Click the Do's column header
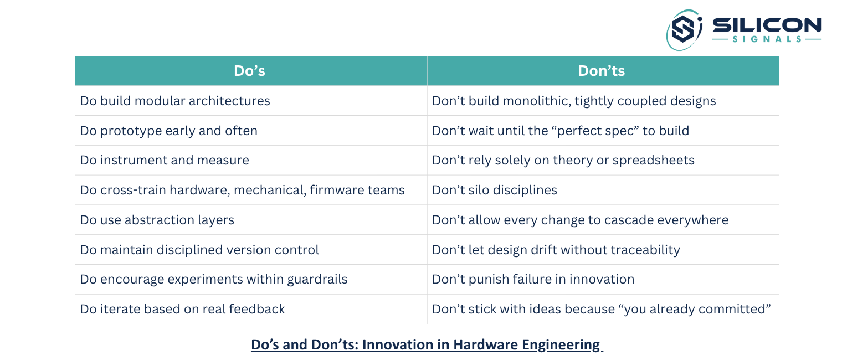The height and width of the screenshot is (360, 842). point(249,71)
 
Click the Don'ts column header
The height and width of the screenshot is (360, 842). point(601,71)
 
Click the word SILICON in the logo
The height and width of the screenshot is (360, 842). point(766,25)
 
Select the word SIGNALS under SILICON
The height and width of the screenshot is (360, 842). point(766,39)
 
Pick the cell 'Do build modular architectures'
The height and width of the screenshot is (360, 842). point(175,101)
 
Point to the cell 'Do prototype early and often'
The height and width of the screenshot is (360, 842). point(168,131)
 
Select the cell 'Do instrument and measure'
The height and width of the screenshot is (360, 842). point(165,161)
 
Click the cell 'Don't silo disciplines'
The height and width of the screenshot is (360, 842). point(494,190)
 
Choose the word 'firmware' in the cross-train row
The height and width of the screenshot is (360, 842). point(336,190)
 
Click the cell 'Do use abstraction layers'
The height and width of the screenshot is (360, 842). point(157,220)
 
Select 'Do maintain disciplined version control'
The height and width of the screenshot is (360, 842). point(199,250)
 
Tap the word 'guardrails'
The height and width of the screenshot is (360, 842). point(317,279)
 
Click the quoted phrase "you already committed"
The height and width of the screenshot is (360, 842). point(697,309)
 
